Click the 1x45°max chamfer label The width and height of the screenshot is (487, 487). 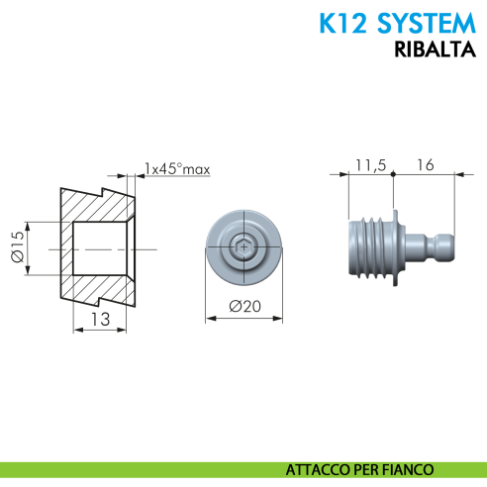177,169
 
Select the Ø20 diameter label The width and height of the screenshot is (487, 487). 243,307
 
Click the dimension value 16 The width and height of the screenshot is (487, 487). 427,165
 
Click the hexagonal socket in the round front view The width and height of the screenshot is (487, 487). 243,248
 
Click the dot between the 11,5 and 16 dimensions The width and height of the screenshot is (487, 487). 393,174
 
